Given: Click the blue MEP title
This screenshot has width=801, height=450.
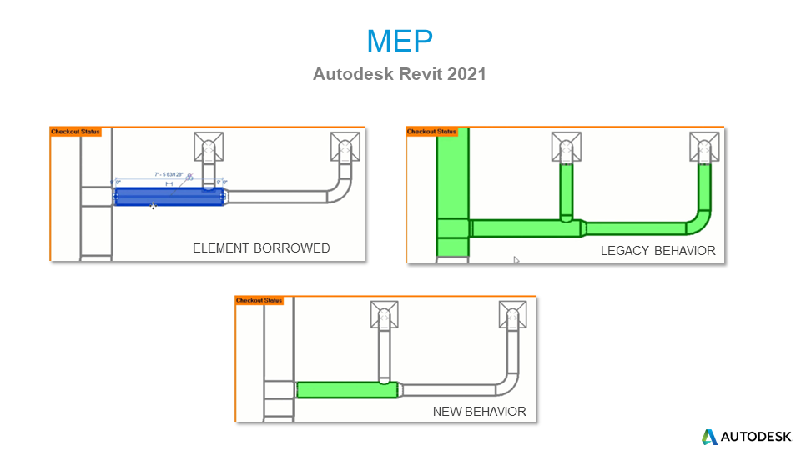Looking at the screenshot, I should (400, 40).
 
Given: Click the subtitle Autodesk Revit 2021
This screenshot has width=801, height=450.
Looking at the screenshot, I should (400, 74).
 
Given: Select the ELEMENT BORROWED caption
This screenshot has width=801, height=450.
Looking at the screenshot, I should (261, 248).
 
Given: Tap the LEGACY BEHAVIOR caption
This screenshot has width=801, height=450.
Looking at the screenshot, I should (657, 250).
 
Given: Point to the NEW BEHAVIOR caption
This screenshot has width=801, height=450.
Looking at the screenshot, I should (479, 412).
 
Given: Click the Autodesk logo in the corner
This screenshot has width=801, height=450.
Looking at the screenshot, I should (741, 436).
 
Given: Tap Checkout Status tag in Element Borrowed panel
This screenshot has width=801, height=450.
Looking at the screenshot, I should (75, 132).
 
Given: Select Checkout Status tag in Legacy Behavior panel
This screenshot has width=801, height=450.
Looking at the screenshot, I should (431, 132).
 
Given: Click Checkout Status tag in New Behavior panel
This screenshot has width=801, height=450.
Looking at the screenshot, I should (259, 300).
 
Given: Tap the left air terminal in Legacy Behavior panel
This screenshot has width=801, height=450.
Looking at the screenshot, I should (567, 147).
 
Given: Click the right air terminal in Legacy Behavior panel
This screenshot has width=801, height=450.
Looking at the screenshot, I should (704, 147).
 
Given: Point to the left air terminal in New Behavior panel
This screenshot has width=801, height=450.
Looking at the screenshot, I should (384, 316).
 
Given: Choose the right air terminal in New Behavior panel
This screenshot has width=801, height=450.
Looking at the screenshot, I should (512, 316).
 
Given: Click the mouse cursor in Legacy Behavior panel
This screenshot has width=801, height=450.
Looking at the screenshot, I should (516, 260).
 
